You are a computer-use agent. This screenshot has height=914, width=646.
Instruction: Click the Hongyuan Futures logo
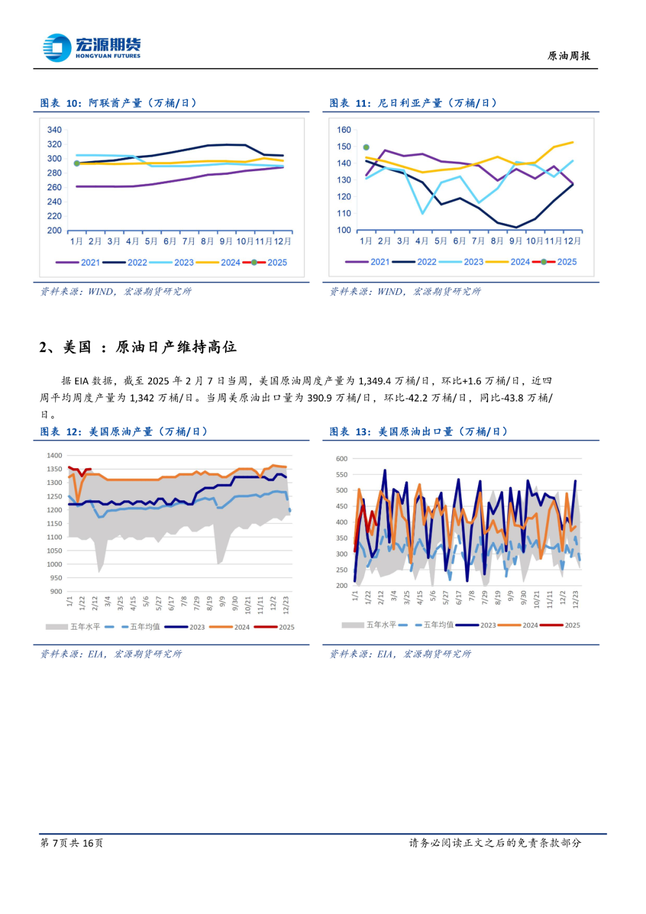pyautogui.click(x=91, y=47)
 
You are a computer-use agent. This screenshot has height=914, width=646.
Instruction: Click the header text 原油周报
pyautogui.click(x=568, y=56)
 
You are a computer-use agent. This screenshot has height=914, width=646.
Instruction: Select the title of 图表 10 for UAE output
pyautogui.click(x=118, y=103)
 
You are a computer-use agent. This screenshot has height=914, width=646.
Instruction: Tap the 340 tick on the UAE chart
pyautogui.click(x=54, y=130)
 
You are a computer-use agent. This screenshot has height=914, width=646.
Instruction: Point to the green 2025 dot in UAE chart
pyautogui.click(x=77, y=163)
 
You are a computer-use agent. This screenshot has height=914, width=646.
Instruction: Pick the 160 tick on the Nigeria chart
pyautogui.click(x=344, y=130)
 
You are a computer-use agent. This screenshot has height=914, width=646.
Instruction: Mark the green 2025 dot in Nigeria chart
pyautogui.click(x=366, y=147)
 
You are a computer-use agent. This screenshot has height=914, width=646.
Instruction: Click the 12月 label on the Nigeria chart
pyautogui.click(x=572, y=241)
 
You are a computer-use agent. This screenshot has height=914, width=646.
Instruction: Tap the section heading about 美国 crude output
pyautogui.click(x=138, y=347)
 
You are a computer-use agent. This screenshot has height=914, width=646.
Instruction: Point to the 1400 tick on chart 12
pyautogui.click(x=54, y=456)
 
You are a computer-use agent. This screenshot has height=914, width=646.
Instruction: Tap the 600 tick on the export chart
pyautogui.click(x=342, y=459)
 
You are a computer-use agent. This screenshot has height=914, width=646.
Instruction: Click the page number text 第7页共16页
pyautogui.click(x=72, y=843)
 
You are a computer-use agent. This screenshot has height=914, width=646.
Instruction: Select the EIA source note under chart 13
pyautogui.click(x=400, y=654)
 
